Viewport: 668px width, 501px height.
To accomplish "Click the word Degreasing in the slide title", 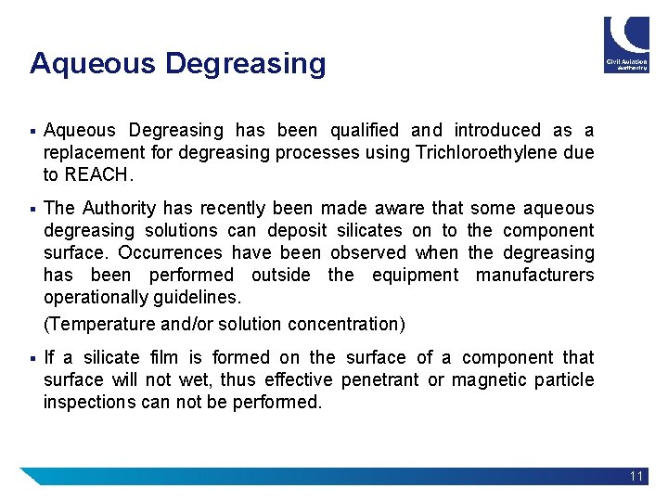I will click(x=246, y=64).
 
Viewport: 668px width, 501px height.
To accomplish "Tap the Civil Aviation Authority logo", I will click(x=626, y=44).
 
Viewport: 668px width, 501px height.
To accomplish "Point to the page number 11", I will click(x=636, y=476).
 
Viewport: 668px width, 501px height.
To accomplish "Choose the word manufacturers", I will click(x=534, y=275).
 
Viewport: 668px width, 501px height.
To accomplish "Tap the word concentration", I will click(x=345, y=324).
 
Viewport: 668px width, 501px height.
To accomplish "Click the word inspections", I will click(x=89, y=402).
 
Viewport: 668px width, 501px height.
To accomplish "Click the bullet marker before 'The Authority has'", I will click(x=32, y=209).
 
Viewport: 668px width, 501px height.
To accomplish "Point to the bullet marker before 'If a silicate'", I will click(x=32, y=357).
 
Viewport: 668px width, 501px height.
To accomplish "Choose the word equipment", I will click(x=415, y=275).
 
